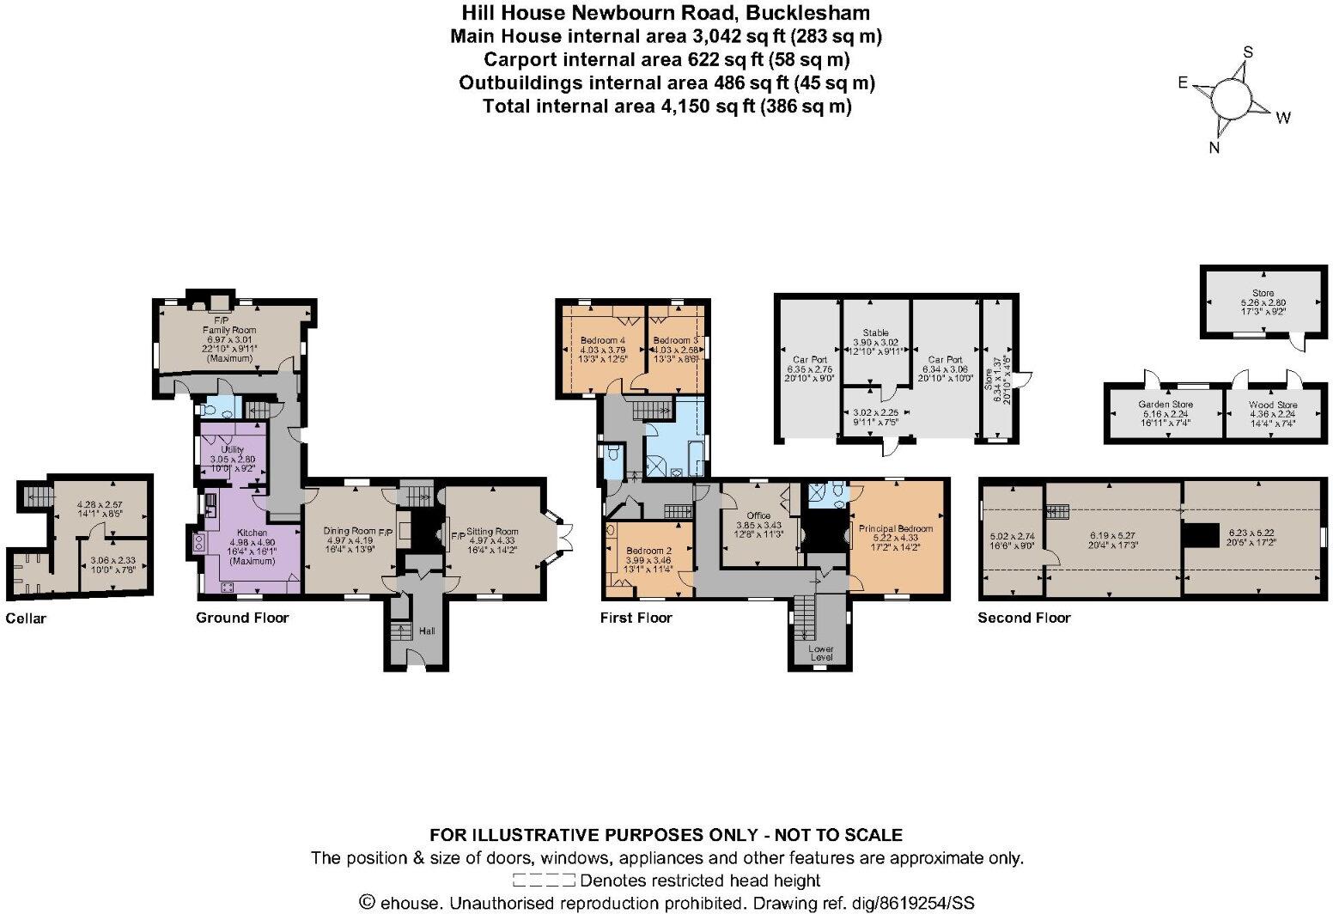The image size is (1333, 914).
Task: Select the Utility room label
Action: coord(233,449)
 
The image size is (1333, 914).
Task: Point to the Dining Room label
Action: coord(350,532)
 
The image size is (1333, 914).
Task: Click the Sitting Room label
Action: coord(493,532)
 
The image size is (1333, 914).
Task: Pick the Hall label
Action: coord(427,631)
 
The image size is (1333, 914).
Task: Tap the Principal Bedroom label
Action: coord(897,528)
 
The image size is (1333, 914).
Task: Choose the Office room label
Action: coord(758,515)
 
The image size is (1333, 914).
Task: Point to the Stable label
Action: coord(875,332)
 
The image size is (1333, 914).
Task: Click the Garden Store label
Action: coord(1166,404)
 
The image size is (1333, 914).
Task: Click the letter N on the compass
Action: coord(1214,148)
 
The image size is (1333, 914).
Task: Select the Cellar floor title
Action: coord(26,618)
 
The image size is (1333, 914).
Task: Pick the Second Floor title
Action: coord(1024,618)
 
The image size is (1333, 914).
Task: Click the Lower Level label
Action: coord(821,653)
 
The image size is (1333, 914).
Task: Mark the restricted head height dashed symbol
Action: coord(544,880)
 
